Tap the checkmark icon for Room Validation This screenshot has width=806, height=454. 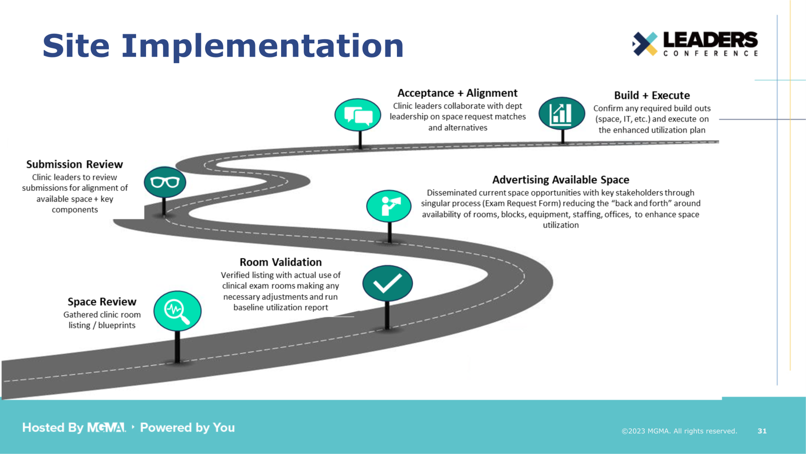387,283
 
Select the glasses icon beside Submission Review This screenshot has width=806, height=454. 165,182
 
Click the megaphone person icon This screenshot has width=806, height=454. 389,206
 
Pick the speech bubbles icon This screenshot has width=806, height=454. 358,115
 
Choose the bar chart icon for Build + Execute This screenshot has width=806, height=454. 561,113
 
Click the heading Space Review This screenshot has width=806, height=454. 102,302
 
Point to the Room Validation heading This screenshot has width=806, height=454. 281,262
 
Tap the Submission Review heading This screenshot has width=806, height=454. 75,164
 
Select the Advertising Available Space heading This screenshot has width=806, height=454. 561,180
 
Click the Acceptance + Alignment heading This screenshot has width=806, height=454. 457,93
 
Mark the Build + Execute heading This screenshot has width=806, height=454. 652,95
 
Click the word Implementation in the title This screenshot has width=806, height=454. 262,46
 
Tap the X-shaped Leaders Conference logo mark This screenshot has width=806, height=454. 645,44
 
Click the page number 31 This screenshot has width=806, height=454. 762,431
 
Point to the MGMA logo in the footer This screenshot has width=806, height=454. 106,428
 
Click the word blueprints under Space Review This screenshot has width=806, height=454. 117,325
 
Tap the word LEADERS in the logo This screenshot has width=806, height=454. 710,40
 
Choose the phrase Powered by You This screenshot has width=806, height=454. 187,428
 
